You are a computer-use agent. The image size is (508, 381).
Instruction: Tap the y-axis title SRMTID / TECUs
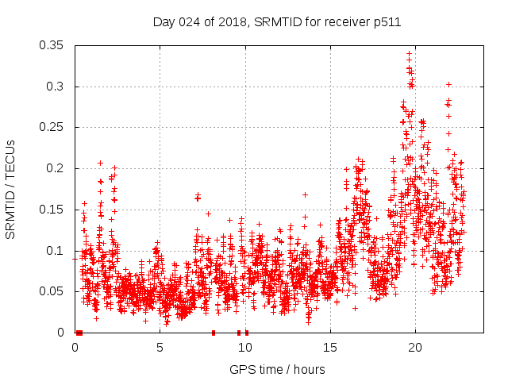[11, 189]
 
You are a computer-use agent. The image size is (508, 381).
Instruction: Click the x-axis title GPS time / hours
[277, 369]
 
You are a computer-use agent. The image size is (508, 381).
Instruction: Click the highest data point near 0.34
[409, 54]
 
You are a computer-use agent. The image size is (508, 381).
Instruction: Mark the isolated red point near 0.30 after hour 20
[448, 84]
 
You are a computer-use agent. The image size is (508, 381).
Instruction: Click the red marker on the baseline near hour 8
[213, 333]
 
